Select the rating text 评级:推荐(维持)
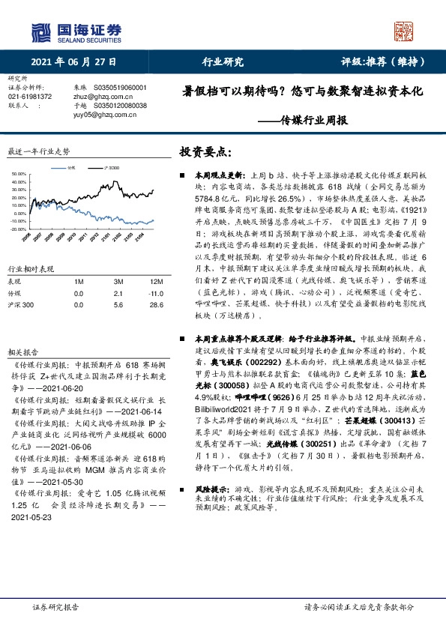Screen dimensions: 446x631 (x=379, y=61)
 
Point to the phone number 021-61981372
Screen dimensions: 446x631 (x=30, y=97)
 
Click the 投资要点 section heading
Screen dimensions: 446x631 (x=201, y=151)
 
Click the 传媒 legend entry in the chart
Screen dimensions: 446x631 (x=70, y=169)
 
